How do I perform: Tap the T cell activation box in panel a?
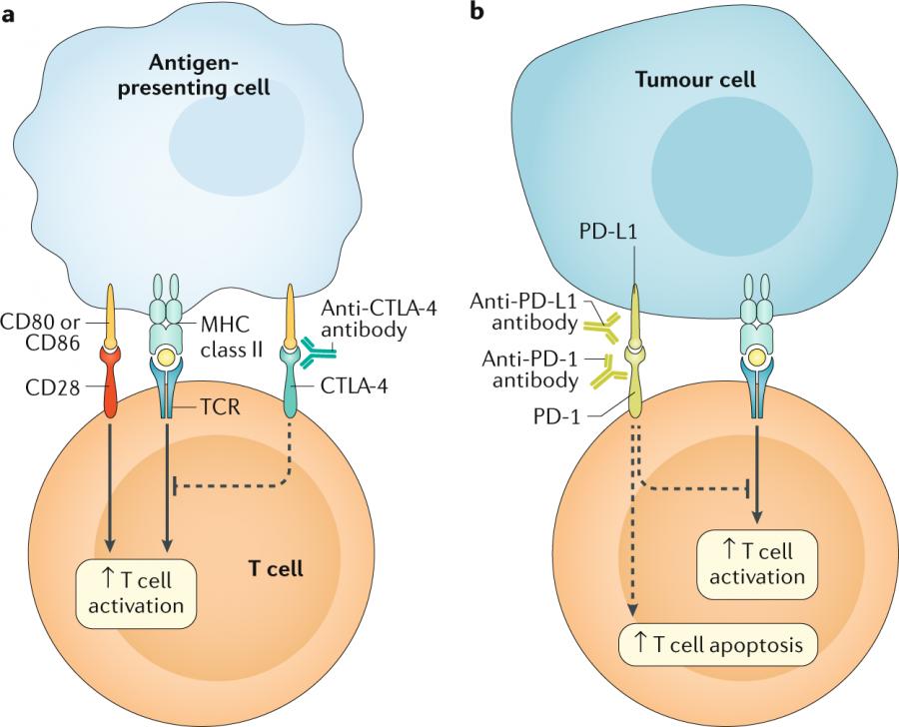coord(136,591)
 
